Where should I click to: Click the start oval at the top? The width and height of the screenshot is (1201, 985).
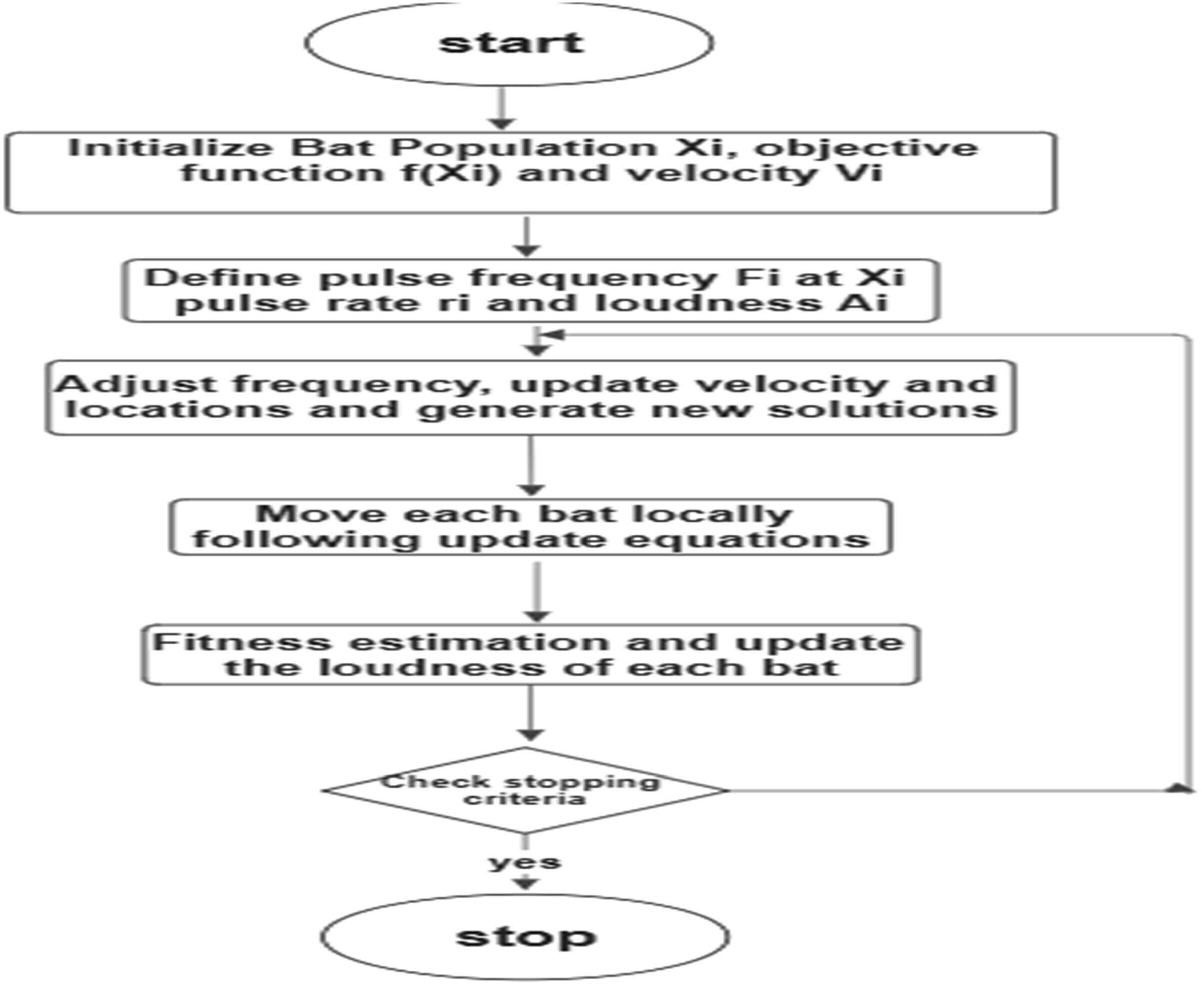[509, 44]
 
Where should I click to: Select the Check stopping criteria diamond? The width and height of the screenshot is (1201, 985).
[525, 790]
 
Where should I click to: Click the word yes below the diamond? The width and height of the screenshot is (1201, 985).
[525, 863]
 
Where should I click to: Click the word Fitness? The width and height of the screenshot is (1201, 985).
[242, 642]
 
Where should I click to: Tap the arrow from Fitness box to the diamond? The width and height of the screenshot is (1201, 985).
[530, 714]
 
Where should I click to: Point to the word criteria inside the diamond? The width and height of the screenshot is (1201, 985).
[524, 799]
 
